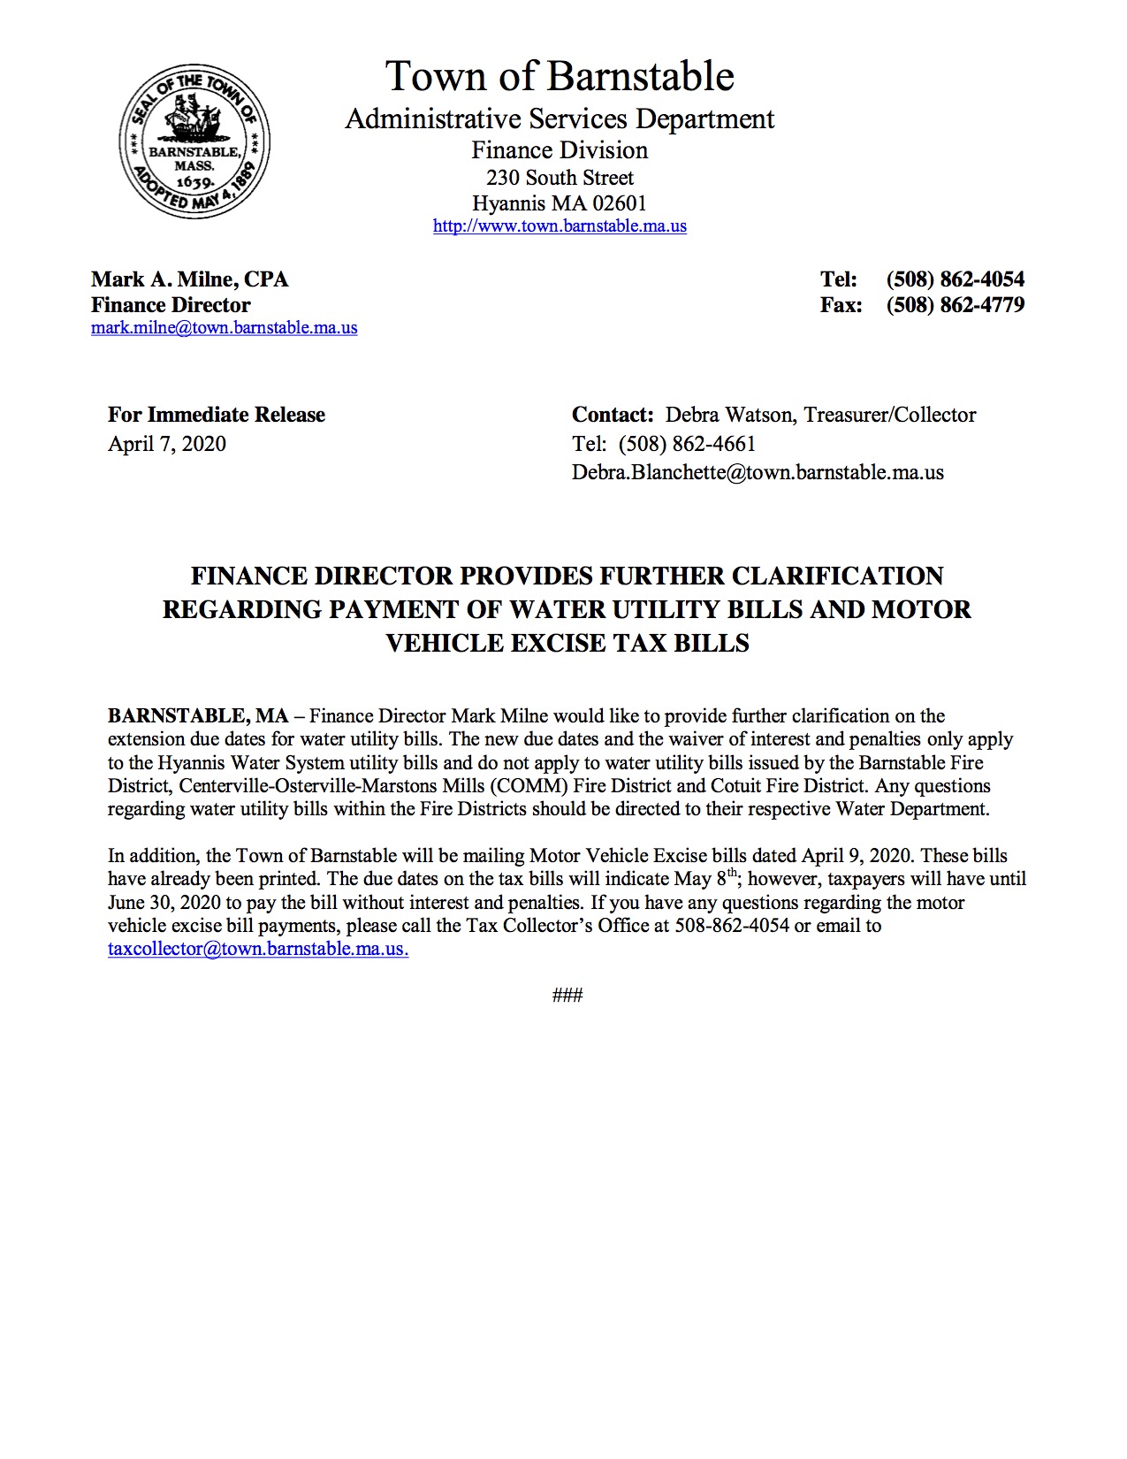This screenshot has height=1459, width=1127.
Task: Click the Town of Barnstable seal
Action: click(194, 141)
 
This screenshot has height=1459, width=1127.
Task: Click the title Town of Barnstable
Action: click(560, 77)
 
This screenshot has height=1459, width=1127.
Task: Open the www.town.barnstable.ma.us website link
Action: click(560, 226)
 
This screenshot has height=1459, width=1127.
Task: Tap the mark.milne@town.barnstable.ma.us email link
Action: click(224, 328)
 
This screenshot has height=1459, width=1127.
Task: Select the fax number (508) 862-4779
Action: click(955, 305)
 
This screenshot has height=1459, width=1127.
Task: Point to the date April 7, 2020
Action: click(167, 444)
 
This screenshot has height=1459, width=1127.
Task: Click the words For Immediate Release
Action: click(217, 415)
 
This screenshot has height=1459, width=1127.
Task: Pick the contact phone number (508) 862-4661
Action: click(687, 444)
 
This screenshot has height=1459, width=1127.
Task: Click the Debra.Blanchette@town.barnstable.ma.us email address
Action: click(758, 472)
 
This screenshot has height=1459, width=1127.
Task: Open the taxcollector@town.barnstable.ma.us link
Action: click(257, 950)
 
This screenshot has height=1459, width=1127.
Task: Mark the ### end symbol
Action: click(567, 996)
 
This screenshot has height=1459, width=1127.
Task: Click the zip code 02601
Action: click(620, 203)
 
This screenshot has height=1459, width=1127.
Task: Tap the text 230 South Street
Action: click(560, 178)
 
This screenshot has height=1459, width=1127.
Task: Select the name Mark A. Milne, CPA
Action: click(190, 279)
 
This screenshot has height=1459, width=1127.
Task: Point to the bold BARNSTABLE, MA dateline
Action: click(198, 716)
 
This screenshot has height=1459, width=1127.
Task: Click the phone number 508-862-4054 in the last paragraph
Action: click(732, 926)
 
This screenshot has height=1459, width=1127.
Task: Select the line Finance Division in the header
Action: click(560, 150)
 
